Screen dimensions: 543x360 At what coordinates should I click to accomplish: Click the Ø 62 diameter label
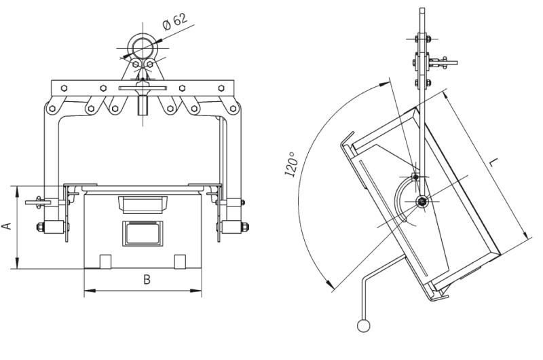pos(175,22)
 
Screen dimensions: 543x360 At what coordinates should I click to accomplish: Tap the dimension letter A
pos(7,226)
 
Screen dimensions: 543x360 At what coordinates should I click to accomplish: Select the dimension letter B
pos(147,279)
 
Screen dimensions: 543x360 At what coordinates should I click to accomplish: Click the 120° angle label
pos(291,164)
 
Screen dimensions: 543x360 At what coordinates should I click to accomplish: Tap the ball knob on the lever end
pos(363,325)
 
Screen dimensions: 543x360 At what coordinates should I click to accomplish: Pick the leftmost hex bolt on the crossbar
pos(64,88)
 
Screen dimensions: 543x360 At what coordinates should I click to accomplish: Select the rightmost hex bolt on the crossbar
pos(221,88)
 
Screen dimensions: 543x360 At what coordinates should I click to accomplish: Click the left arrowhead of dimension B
pos(90,291)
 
